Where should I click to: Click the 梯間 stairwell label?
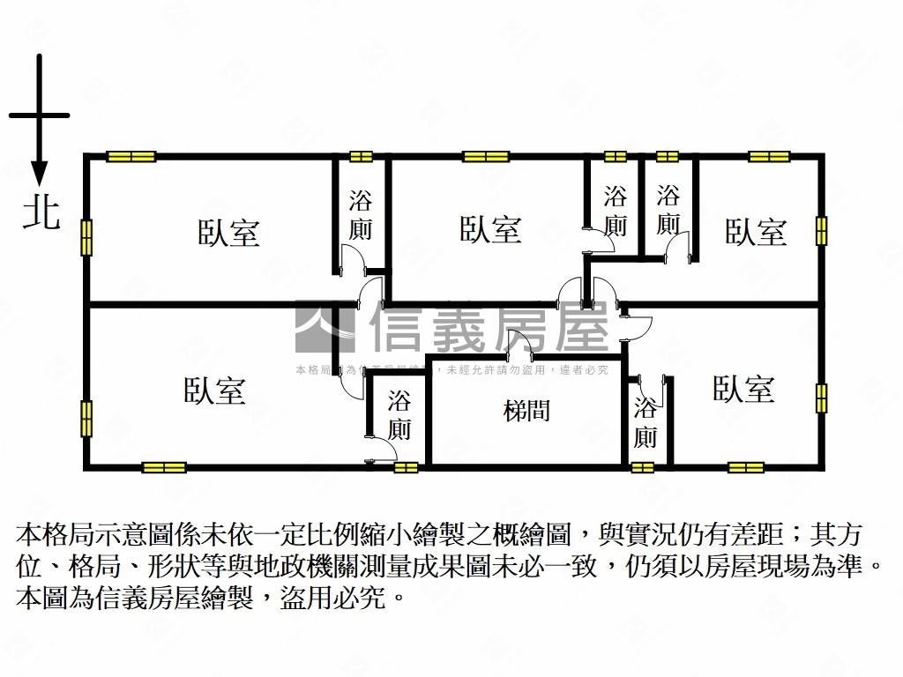coord(526,411)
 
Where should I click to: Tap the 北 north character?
coord(41,213)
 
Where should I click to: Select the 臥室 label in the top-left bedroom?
coord(228,233)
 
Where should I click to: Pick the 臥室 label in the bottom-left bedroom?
coord(214,391)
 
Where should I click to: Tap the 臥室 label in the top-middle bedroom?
coord(490,229)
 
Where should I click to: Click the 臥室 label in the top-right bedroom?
coord(756,232)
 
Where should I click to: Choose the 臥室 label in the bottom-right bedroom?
coord(743,389)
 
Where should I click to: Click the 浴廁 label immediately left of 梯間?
coord(399,415)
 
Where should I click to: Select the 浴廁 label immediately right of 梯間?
coord(645,423)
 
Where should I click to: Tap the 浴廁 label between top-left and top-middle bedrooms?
coord(361,215)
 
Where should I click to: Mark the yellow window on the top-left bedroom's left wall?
coord(86,237)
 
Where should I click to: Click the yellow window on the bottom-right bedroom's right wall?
coord(821,398)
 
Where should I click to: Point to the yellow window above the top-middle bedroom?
coord(486,157)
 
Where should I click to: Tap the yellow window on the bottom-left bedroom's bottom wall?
coord(164,467)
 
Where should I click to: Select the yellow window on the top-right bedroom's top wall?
coord(768,157)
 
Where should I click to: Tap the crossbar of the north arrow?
coord(39,115)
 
